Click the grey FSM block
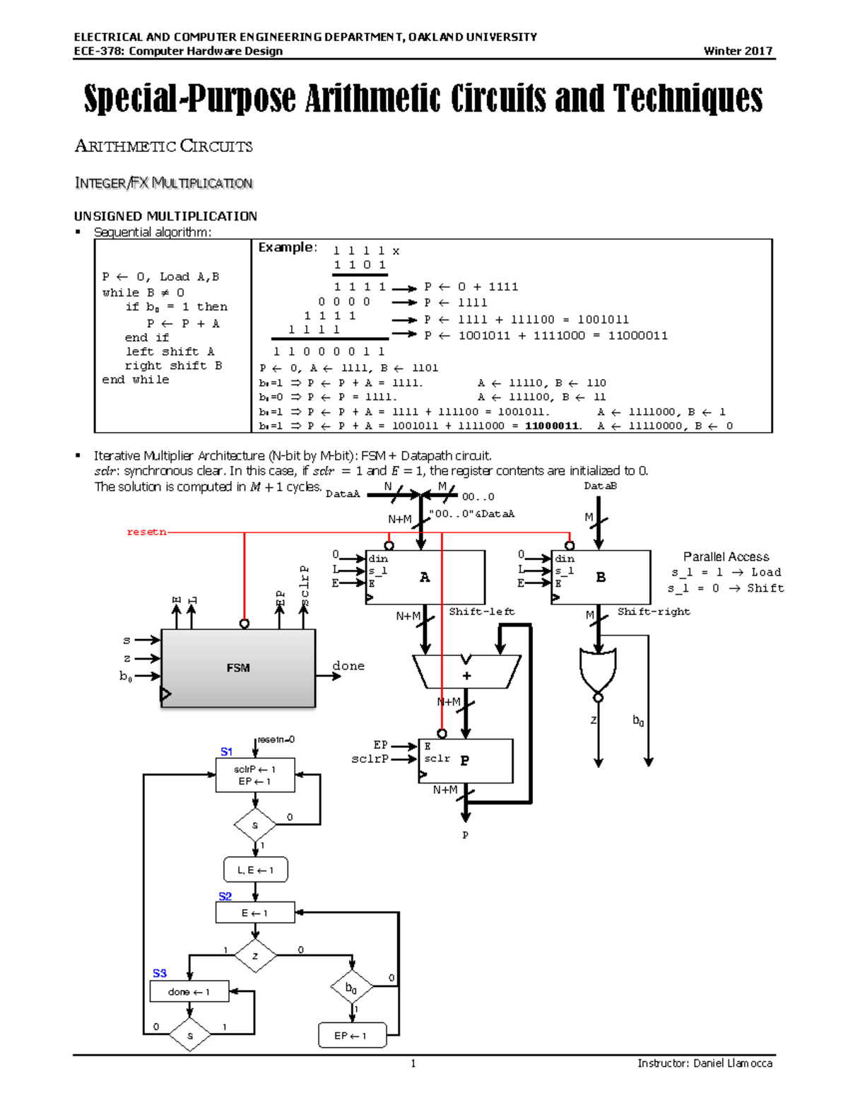(238, 667)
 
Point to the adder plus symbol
(466, 675)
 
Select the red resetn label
(146, 532)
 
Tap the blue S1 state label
(226, 752)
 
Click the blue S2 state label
(225, 896)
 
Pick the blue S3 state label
(160, 974)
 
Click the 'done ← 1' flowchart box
(189, 992)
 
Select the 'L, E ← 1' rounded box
(255, 870)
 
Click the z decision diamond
(255, 956)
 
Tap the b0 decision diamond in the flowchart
(351, 988)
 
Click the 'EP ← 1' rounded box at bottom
(351, 1036)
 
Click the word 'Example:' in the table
(287, 247)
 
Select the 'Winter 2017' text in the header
(738, 51)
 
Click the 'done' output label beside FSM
(348, 665)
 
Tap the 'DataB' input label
(600, 486)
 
